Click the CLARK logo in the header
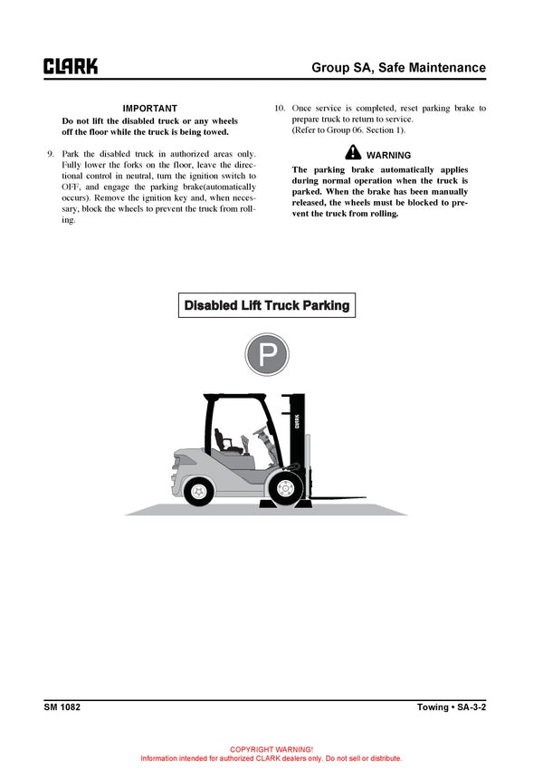(x=71, y=67)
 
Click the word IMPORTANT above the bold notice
(x=150, y=109)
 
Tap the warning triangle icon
(x=353, y=153)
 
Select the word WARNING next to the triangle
(x=388, y=155)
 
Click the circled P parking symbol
(x=268, y=354)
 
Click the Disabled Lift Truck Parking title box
(x=267, y=305)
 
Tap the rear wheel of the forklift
(x=197, y=491)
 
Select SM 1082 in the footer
(x=62, y=707)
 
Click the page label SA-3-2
(x=472, y=707)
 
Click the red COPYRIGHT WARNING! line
(x=271, y=749)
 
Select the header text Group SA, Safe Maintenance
(x=398, y=68)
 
